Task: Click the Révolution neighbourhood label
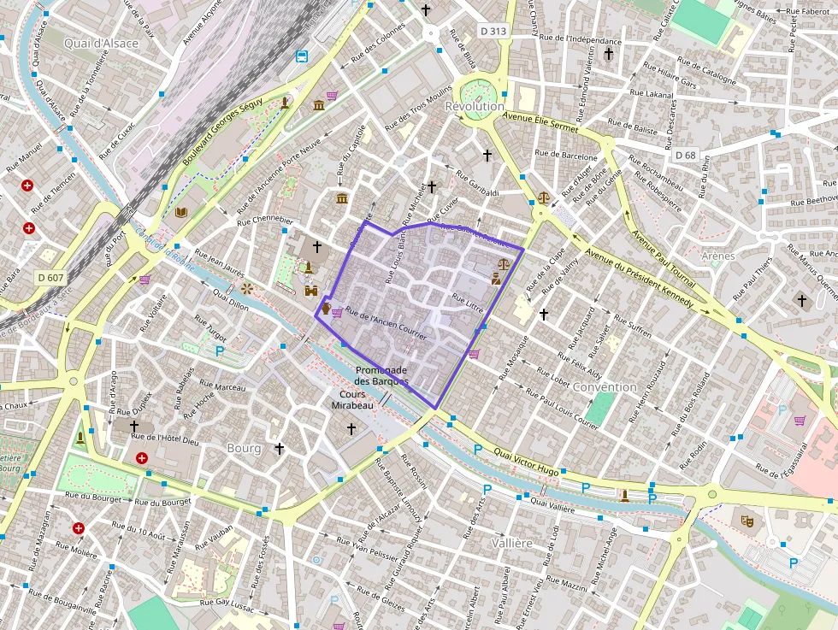click(x=475, y=106)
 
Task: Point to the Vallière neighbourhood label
click(x=512, y=543)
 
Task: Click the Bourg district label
click(x=244, y=448)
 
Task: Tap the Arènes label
click(x=717, y=256)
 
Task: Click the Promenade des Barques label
click(x=381, y=375)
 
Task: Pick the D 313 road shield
click(x=493, y=31)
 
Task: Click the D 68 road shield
click(x=685, y=155)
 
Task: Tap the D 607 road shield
click(x=50, y=277)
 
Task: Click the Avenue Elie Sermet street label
click(x=540, y=124)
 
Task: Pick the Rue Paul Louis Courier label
click(x=562, y=409)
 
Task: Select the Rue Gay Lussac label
click(x=227, y=604)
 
